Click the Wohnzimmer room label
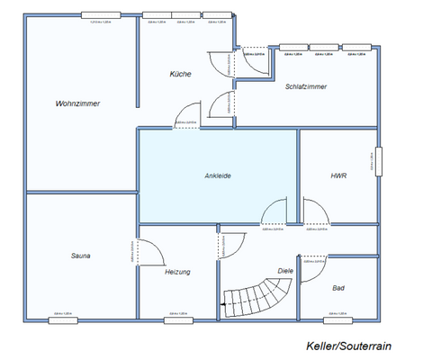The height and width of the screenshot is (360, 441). pos(76,104)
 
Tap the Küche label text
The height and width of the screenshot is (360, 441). pos(180,74)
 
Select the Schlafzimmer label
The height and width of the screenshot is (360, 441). pos(305,87)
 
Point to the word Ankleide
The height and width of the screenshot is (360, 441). pos(218,175)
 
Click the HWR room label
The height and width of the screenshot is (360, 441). pos(338,175)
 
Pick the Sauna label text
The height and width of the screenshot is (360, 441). pos(81,256)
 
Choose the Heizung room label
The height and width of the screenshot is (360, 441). pos(177,271)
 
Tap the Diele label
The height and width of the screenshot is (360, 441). pos(285,270)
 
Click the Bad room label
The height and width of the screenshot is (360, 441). pos(338,288)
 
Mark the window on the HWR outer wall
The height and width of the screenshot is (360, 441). pos(379,163)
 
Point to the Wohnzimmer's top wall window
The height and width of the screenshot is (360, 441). pos(101,15)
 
